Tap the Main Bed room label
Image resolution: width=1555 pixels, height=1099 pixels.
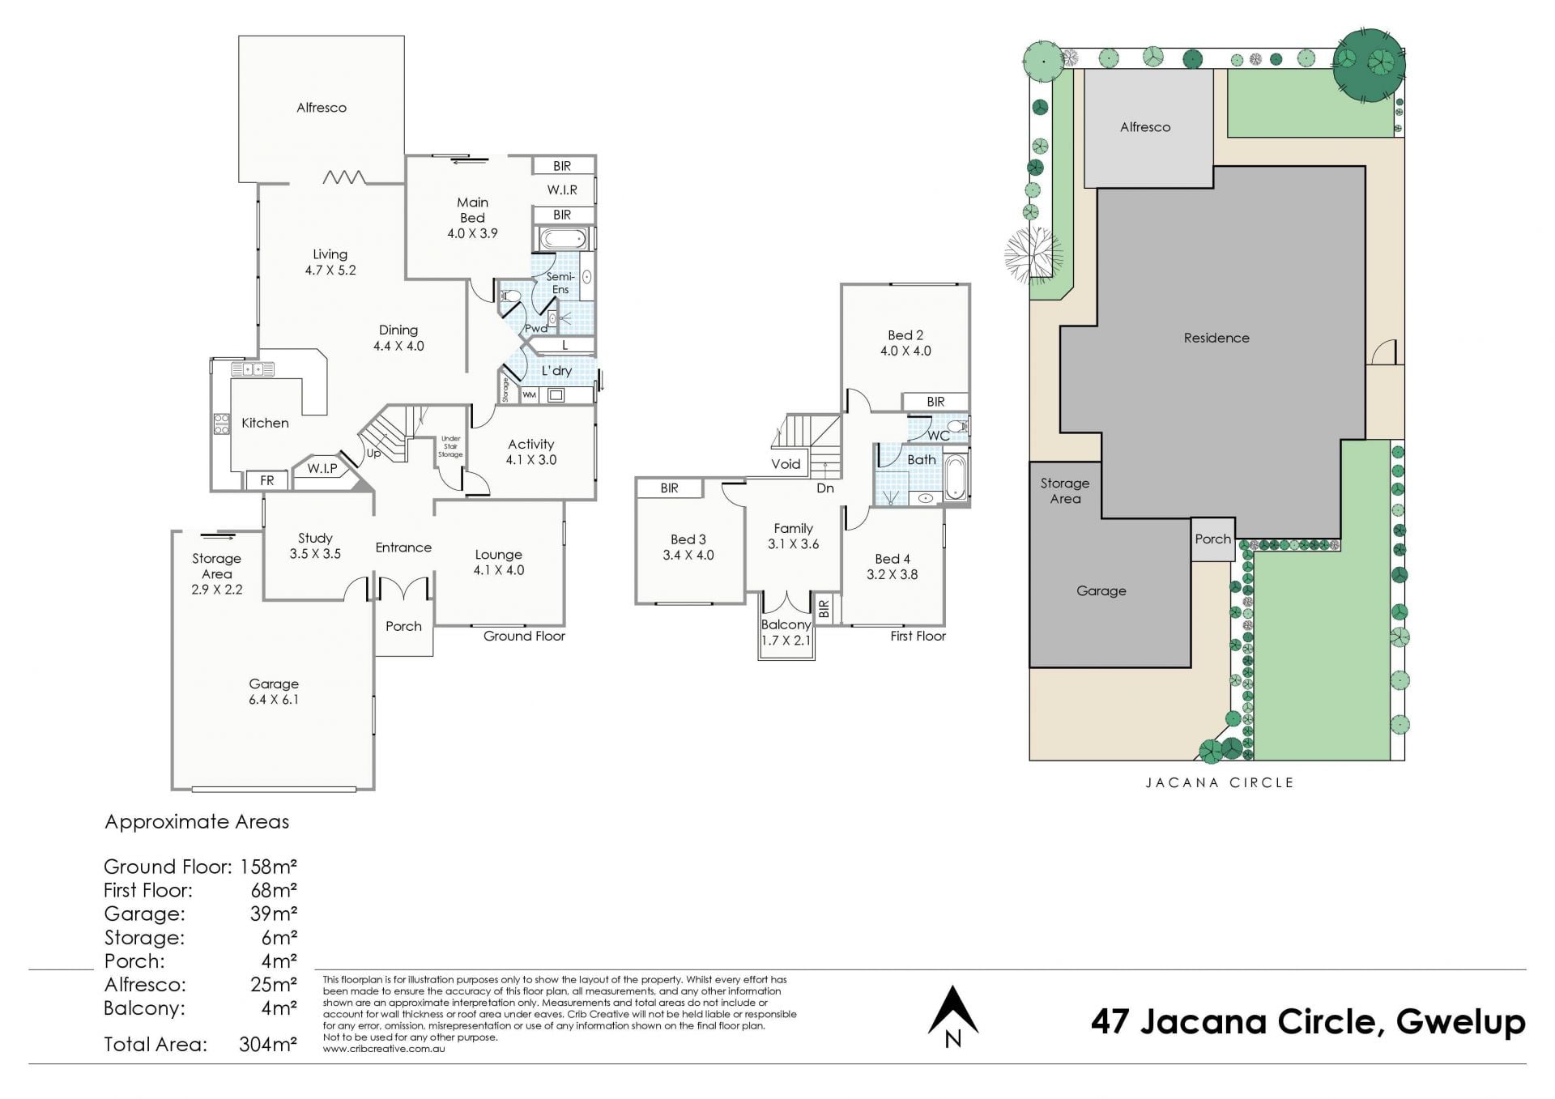[x=472, y=210]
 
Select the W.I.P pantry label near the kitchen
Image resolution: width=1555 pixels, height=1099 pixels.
[x=322, y=468]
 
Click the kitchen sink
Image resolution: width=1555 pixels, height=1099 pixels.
[x=253, y=370]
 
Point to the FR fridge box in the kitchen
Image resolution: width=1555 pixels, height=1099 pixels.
[x=267, y=480]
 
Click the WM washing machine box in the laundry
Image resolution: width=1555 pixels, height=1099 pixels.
[x=529, y=395]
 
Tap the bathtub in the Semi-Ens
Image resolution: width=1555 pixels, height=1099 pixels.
[x=562, y=239]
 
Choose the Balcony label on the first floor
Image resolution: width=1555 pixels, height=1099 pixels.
[x=786, y=624]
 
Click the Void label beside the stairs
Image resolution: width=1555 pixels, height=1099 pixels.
[x=786, y=464]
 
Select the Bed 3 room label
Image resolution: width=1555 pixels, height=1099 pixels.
[x=688, y=539]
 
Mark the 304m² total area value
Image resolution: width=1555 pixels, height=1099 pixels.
[x=268, y=1044]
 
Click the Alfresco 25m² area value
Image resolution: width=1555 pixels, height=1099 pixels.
[x=274, y=985]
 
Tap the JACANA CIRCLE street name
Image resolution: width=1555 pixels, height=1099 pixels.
[x=1220, y=782]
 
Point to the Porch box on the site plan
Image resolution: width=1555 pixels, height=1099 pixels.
[x=1213, y=539]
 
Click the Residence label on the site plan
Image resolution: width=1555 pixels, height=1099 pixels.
[x=1216, y=338]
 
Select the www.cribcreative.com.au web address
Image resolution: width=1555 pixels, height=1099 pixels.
[x=384, y=1049]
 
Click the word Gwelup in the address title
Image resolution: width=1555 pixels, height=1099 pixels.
[x=1461, y=1023]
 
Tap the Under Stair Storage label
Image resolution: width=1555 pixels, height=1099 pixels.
[x=450, y=447]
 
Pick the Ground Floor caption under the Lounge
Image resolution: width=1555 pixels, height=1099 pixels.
[x=524, y=636]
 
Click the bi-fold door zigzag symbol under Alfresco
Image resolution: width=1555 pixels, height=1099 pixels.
[x=344, y=177]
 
